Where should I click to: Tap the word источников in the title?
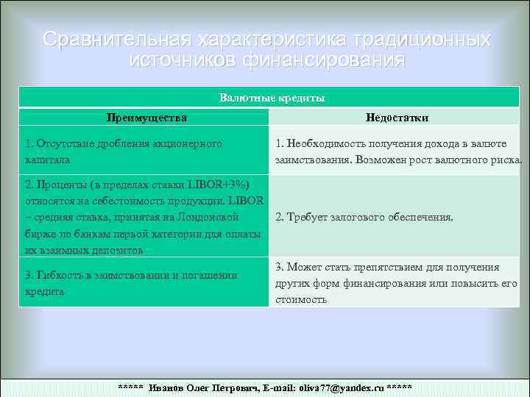[x=180, y=59]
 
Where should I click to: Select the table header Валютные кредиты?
[x=272, y=98]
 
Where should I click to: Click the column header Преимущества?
[x=146, y=118]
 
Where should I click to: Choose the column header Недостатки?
[x=397, y=118]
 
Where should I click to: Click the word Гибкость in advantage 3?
[x=59, y=275]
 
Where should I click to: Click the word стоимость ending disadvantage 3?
[x=302, y=300]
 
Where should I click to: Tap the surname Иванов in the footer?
[x=166, y=387]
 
